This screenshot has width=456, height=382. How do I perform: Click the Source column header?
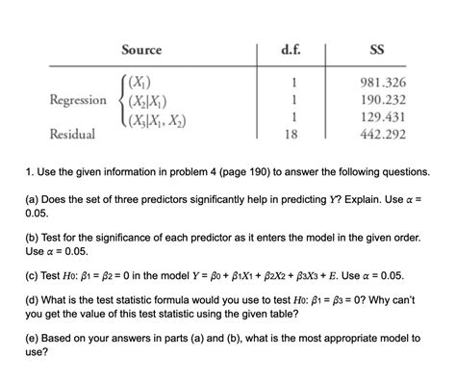(x=140, y=50)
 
